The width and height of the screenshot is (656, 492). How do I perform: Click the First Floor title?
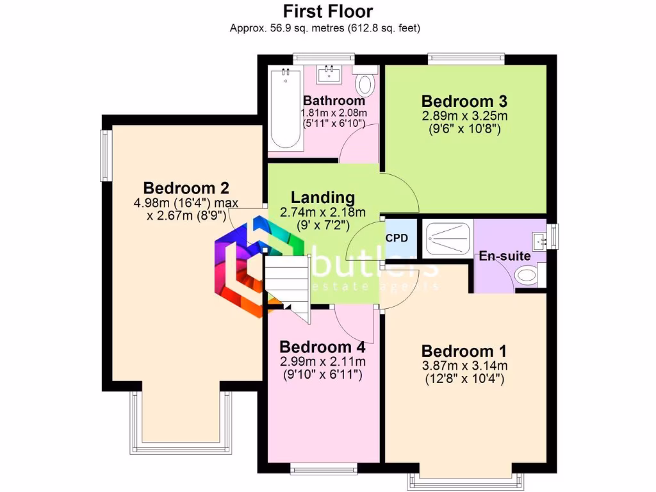[x=328, y=11]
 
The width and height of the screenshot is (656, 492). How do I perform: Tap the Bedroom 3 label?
[x=464, y=101]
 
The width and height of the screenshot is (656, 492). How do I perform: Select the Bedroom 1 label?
[x=464, y=351]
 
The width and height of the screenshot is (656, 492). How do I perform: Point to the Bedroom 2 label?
[x=186, y=188]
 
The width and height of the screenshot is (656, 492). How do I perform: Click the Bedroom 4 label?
[x=322, y=347]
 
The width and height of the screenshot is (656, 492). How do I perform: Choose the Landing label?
[x=323, y=198]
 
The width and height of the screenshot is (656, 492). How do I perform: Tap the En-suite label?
[x=505, y=256]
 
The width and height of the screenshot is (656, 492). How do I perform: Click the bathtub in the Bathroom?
[x=284, y=109]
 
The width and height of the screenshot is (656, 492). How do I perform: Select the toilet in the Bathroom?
[x=366, y=83]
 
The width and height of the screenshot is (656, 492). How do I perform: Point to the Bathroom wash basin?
[x=332, y=73]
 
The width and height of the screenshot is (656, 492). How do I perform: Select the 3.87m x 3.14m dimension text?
[x=464, y=366]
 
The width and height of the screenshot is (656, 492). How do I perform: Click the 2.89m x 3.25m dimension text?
[x=464, y=116]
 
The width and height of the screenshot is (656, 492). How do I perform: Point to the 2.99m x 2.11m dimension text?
[x=322, y=361]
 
